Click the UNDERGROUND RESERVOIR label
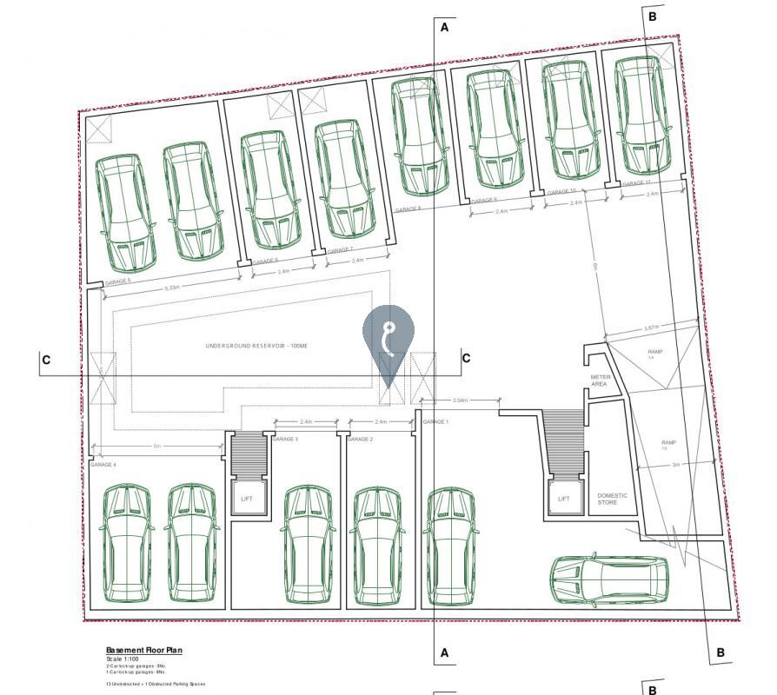coord(256,346)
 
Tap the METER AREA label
coord(600,381)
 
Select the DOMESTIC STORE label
coord(612,499)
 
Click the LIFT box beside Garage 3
coord(247,499)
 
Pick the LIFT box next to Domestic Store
coord(564,499)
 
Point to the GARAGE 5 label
coord(117,281)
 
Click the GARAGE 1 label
coord(435,422)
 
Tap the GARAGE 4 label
coord(103,465)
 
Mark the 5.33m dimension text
coord(171,288)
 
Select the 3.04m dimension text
coord(460,400)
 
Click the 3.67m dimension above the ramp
coord(651,328)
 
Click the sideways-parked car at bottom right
coord(608,579)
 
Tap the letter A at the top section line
coord(445,27)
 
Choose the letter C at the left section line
coord(46,360)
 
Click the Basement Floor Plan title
coord(143,651)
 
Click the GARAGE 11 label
coord(635,183)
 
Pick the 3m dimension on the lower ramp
coord(675,466)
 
